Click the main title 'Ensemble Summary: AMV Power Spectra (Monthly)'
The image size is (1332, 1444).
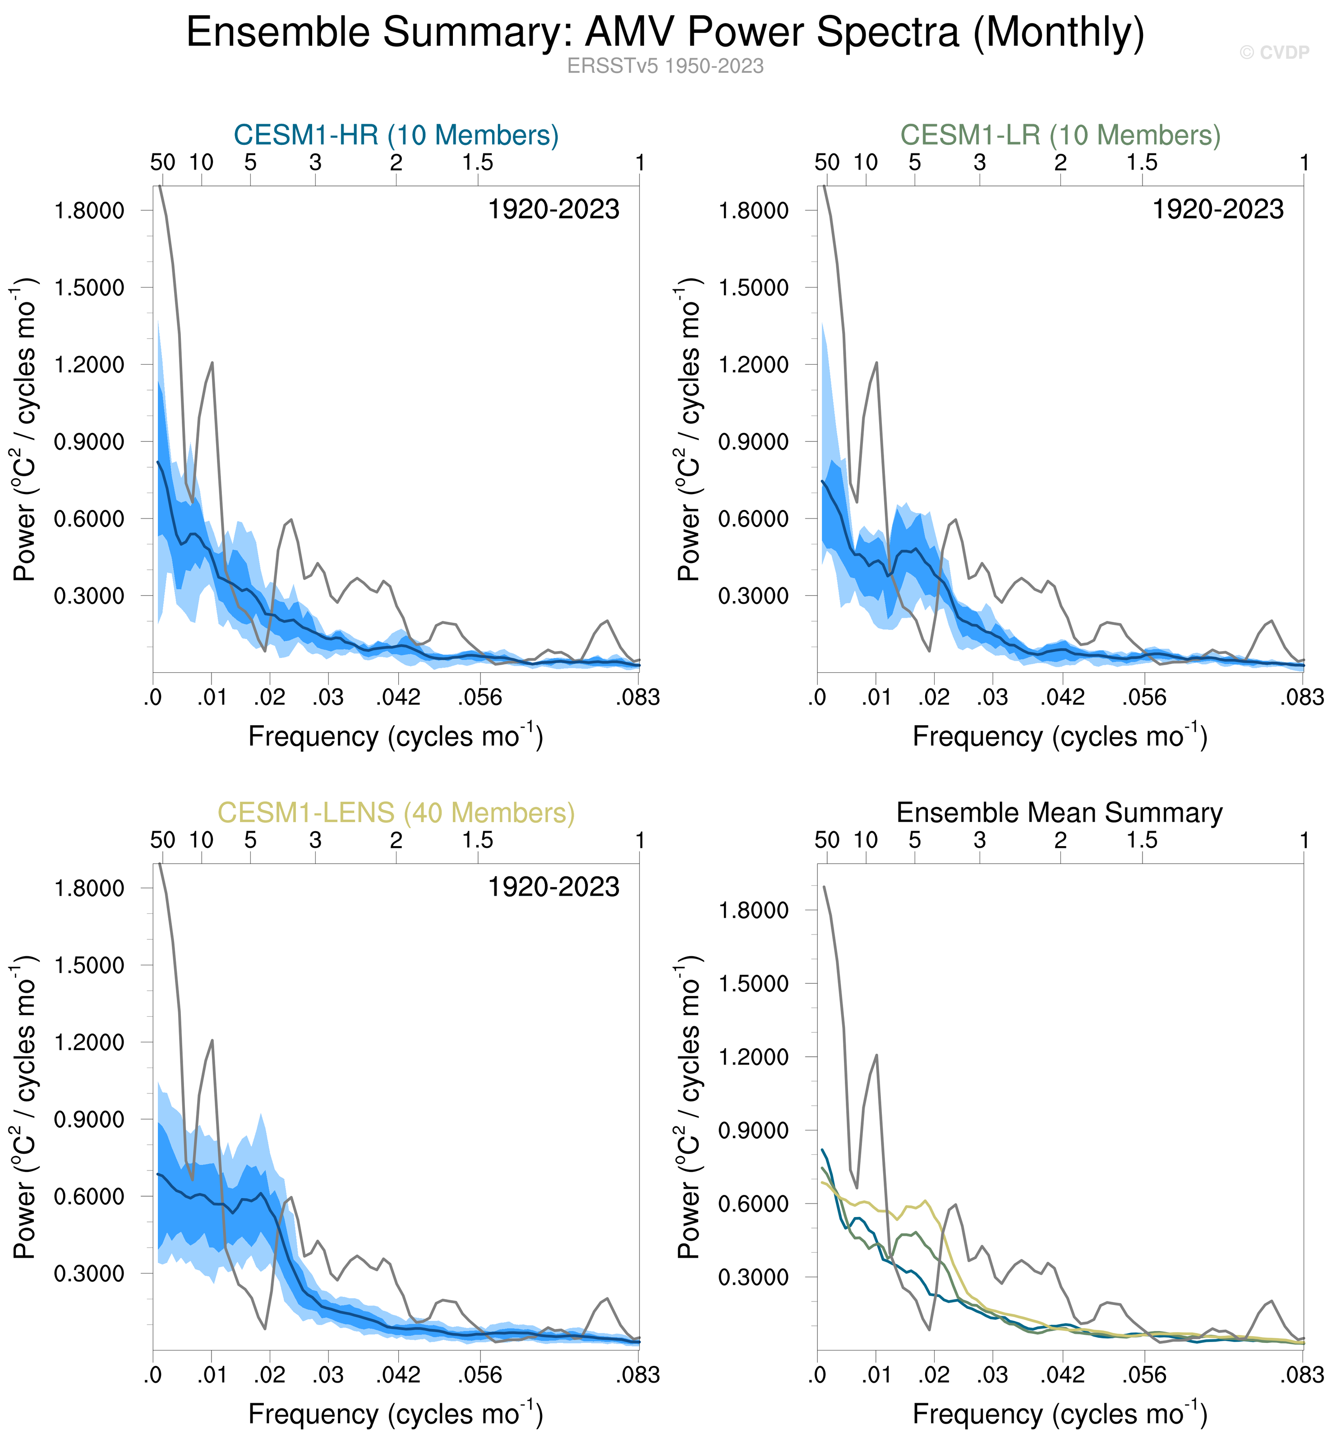click(664, 33)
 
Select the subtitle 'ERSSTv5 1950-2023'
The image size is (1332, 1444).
click(664, 66)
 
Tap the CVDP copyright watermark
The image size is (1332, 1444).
click(1274, 53)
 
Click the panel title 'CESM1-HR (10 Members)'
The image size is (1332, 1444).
click(396, 135)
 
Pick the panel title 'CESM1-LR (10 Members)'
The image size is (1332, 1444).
click(1060, 135)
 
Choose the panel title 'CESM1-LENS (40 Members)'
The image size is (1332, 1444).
click(396, 813)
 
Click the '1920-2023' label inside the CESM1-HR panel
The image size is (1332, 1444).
click(553, 210)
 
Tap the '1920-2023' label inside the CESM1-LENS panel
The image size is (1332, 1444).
click(553, 888)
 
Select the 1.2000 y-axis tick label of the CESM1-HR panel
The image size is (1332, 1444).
click(89, 365)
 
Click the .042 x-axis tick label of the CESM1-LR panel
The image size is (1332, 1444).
click(1062, 697)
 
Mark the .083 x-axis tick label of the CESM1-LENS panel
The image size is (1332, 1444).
click(638, 1375)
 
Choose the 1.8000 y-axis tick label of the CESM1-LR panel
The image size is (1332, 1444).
click(754, 211)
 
